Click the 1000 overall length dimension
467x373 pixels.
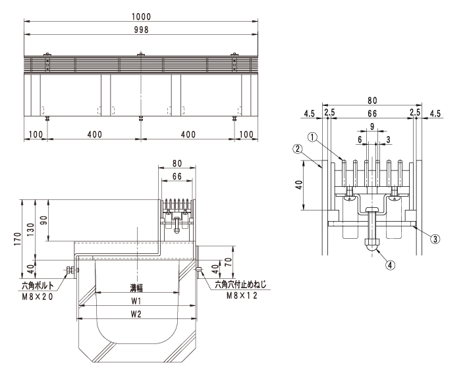pos(141,16)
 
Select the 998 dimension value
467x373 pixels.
pos(141,30)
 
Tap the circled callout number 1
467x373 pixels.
pos(312,137)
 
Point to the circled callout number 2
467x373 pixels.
pos(298,149)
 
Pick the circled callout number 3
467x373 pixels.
pos(435,239)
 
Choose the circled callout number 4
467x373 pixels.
pos(391,264)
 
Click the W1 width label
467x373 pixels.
pos(136,301)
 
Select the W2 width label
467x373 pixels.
pos(136,314)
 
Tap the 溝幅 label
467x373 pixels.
pos(136,287)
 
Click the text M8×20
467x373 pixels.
pos(38,297)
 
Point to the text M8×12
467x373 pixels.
pos(242,295)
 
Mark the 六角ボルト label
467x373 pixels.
pos(38,286)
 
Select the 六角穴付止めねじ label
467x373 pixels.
pos(240,285)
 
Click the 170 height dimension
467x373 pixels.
pos(18,239)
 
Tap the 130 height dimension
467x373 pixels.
pos(31,230)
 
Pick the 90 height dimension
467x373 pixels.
pos(43,220)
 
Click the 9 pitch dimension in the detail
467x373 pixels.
pos(372,126)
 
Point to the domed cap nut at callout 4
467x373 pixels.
pos(372,245)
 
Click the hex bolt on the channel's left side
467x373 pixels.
pos(72,270)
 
